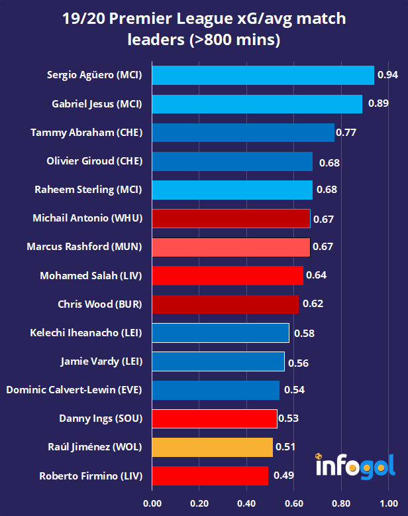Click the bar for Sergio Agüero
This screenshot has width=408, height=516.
click(x=263, y=76)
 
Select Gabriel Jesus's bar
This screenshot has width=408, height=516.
click(x=257, y=104)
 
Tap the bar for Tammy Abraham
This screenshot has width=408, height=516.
click(x=243, y=133)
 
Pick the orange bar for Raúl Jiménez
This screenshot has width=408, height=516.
click(x=212, y=447)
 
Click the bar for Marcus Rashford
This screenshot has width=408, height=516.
click(x=231, y=247)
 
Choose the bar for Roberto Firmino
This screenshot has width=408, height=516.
click(x=210, y=476)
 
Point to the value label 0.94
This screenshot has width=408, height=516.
click(x=387, y=75)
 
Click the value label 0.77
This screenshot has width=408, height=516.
click(x=346, y=133)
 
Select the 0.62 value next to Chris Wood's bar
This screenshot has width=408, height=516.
click(x=313, y=304)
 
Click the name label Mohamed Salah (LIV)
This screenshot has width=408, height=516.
click(x=91, y=275)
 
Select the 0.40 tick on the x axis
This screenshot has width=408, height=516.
click(x=246, y=503)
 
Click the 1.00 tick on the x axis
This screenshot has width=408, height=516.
click(x=389, y=503)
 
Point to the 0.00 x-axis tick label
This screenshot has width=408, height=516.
click(x=152, y=503)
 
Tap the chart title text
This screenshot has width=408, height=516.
click(x=204, y=29)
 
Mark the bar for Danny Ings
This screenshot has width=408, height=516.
click(x=214, y=419)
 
